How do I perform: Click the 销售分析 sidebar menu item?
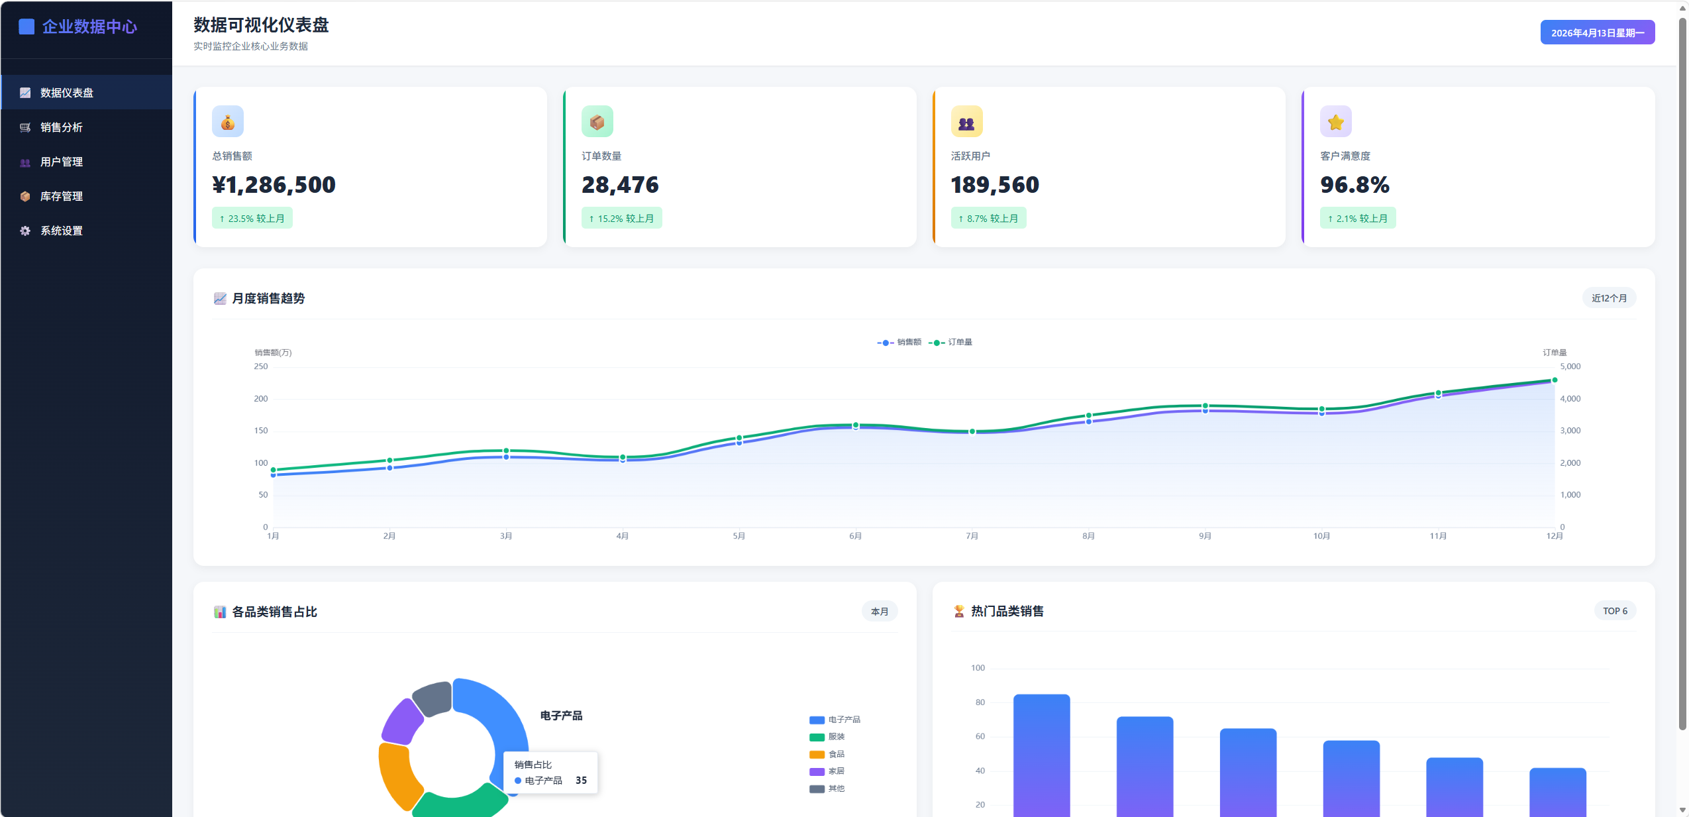point(61,127)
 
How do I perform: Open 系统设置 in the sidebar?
point(61,231)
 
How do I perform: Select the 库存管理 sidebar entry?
point(61,196)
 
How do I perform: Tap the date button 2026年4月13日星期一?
point(1597,32)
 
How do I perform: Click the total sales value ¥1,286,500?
point(274,185)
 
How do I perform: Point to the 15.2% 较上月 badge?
point(621,218)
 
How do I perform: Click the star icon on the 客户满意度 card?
point(1335,122)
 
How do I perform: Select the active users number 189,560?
point(995,185)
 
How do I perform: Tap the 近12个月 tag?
point(1609,298)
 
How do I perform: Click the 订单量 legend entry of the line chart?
point(950,343)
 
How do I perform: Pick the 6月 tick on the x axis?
point(856,536)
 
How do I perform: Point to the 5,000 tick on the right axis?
point(1570,366)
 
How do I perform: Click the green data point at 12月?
point(1555,380)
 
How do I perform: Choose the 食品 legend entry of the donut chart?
point(827,754)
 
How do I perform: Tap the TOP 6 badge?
point(1615,611)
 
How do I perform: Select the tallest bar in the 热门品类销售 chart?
point(1041,755)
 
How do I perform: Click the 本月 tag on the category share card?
point(880,612)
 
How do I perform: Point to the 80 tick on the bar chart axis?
point(980,702)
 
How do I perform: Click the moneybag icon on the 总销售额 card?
point(228,122)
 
